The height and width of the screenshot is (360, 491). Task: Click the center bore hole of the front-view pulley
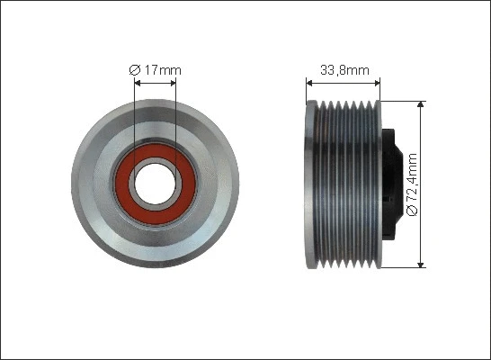click(155, 184)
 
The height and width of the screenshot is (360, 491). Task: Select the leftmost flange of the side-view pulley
click(311, 184)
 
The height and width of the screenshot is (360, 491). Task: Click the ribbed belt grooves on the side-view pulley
click(346, 184)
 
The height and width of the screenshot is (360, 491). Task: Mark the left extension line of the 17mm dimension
click(135, 117)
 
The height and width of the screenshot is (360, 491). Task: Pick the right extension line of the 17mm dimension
click(175, 117)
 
